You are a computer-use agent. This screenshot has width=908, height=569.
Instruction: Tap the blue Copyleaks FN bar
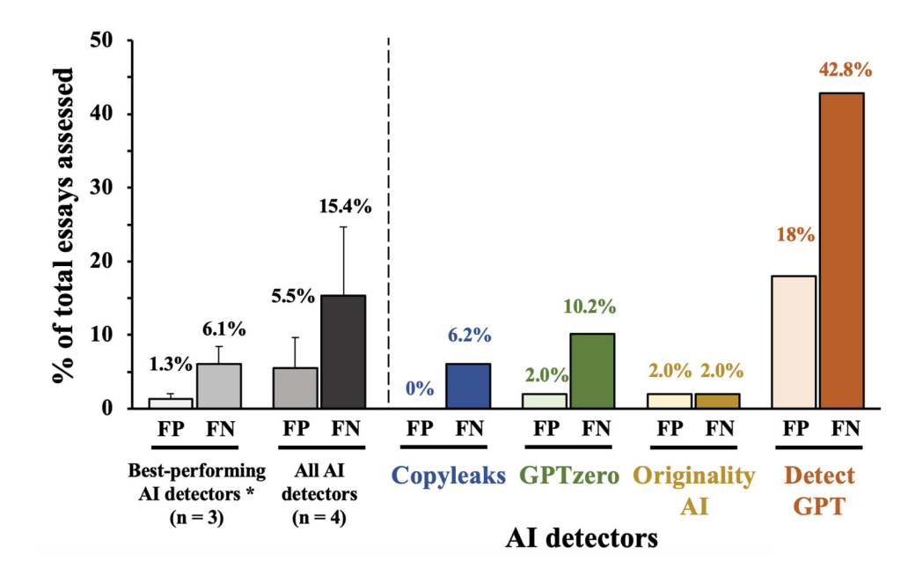pos(467,385)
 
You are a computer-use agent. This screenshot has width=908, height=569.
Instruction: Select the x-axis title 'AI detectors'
pos(582,537)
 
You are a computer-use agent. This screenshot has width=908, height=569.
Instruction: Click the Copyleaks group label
pos(448,477)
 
